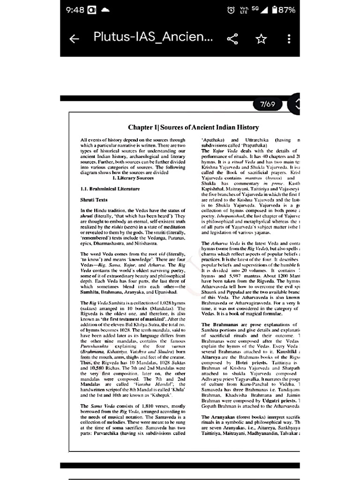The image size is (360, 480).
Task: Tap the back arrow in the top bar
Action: (74, 39)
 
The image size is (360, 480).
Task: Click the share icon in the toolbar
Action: (232, 39)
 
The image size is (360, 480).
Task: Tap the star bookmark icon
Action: (261, 39)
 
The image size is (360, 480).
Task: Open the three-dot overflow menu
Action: (289, 39)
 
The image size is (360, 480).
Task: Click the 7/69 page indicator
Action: (267, 105)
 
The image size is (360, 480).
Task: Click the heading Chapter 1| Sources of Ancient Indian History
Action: (193, 127)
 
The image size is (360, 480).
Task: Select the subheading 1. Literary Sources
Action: (133, 178)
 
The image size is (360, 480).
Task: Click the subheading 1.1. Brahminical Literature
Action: (110, 189)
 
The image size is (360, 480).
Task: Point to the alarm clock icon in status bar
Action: (231, 10)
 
